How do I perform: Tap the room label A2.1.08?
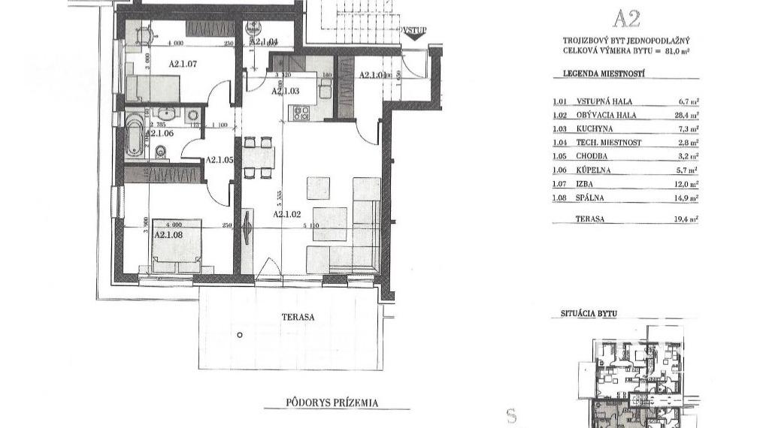pos(170,235)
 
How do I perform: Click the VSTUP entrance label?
pos(414,31)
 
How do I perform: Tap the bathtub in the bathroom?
pos(135,131)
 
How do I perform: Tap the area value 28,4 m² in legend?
pos(686,116)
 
